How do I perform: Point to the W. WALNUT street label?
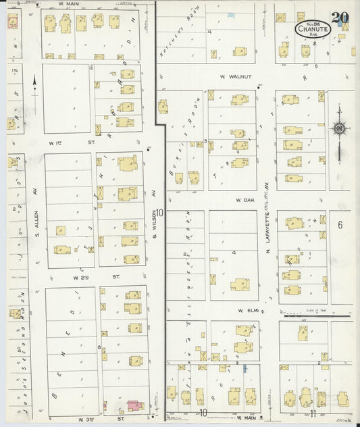click(x=235, y=77)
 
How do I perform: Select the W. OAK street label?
click(x=244, y=200)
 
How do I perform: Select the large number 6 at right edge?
click(x=341, y=224)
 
